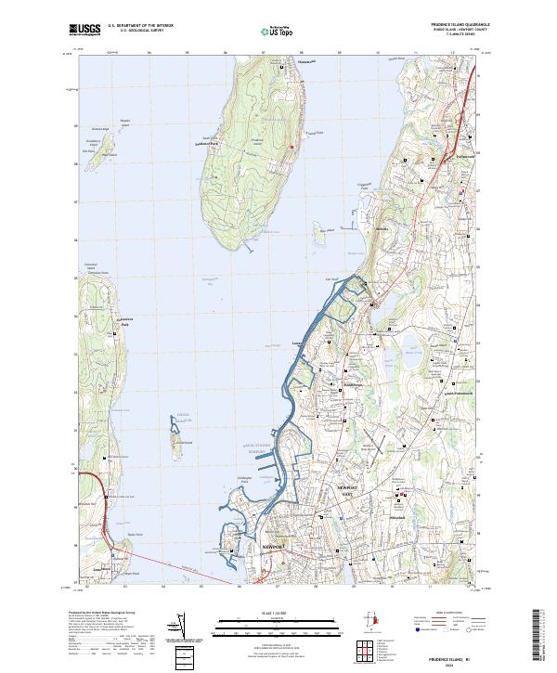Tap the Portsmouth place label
coord(458,157)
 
